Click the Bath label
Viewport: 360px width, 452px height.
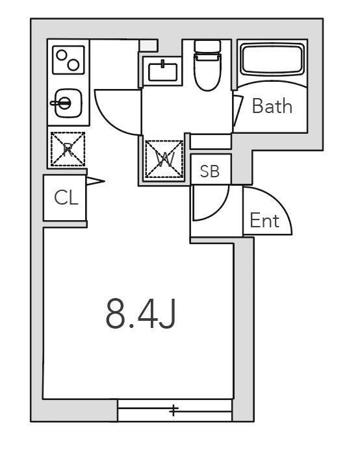(x=272, y=106)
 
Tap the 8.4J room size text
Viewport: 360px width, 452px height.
(x=141, y=314)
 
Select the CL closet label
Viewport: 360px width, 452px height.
(x=66, y=197)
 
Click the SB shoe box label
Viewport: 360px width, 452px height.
(x=210, y=171)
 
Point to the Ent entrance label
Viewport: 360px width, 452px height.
(x=264, y=221)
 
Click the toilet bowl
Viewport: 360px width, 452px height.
(x=208, y=71)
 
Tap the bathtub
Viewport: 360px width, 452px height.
(x=272, y=59)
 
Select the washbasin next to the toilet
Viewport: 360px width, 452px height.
(x=162, y=71)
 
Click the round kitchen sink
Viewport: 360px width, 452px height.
(x=68, y=103)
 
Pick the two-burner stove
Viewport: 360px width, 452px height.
(x=69, y=60)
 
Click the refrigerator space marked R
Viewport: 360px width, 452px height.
(x=68, y=149)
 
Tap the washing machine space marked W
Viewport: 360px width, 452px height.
(x=164, y=159)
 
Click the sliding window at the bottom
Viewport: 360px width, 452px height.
(x=175, y=410)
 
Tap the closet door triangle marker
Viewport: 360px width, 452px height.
(x=95, y=181)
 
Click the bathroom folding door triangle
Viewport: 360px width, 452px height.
(x=238, y=111)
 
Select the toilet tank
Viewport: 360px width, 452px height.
(x=208, y=46)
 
